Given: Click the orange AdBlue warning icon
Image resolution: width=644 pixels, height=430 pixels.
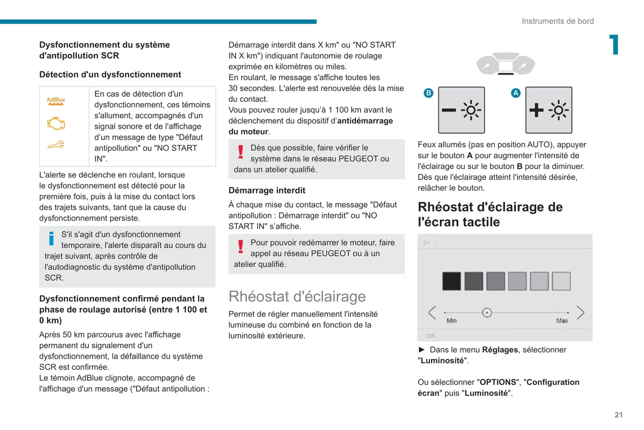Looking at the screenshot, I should [x=56, y=101].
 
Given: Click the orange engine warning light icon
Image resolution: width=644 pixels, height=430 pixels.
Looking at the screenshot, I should [x=56, y=124].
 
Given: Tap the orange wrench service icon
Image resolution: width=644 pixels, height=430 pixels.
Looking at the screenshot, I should [x=56, y=145].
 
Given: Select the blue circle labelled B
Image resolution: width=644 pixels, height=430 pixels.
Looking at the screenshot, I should [x=428, y=93].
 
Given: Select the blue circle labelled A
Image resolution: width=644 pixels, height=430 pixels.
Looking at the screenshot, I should [x=516, y=93].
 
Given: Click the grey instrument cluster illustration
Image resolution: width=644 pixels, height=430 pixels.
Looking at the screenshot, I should [x=505, y=64].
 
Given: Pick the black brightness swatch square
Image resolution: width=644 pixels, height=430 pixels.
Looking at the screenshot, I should [x=451, y=281].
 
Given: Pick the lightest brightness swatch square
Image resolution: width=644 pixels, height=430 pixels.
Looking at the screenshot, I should [x=561, y=281].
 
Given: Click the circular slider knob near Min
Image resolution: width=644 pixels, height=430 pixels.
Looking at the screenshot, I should [x=487, y=313].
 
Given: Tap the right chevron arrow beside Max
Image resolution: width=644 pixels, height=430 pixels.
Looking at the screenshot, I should [x=580, y=313].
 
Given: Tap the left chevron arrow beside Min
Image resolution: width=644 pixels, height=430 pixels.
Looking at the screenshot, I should [x=432, y=313].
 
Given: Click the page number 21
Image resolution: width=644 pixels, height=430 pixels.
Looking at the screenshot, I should [x=619, y=415].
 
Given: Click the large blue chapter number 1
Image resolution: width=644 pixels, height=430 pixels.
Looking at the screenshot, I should [x=615, y=45].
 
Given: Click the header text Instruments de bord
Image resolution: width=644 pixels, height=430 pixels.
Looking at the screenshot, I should [x=558, y=21].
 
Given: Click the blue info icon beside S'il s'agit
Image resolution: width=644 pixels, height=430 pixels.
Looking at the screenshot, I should [x=51, y=239].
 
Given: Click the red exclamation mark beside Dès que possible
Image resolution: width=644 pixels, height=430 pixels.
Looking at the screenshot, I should [x=241, y=152].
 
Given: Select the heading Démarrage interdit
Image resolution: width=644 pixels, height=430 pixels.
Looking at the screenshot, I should [x=267, y=190].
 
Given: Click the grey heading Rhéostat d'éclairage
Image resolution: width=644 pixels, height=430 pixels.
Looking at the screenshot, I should [x=297, y=297].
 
